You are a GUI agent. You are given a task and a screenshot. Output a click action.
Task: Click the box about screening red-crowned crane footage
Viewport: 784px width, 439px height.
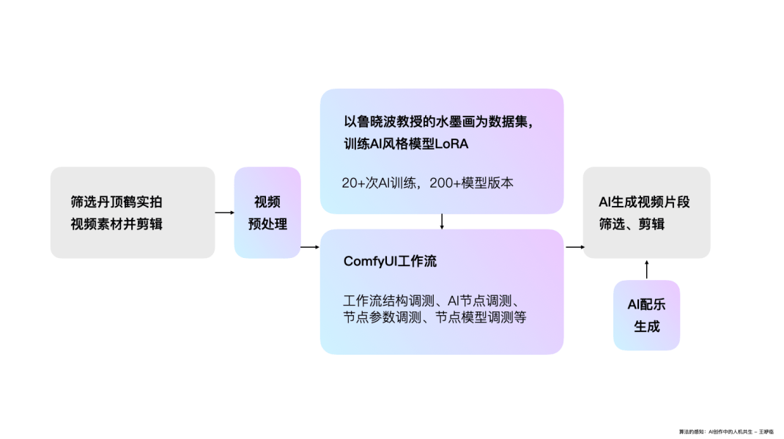coord(132,213)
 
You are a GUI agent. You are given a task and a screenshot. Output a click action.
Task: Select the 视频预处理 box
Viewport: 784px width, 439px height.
coord(267,213)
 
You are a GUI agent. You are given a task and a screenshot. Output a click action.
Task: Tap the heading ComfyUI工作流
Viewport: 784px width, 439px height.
coord(391,261)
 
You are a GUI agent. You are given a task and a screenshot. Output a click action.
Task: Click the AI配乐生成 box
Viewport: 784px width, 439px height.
coord(646,315)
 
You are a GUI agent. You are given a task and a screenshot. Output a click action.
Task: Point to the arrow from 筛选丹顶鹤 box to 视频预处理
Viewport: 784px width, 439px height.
coord(224,213)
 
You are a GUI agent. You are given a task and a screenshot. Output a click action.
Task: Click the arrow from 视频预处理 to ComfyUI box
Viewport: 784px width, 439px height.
coord(310,247)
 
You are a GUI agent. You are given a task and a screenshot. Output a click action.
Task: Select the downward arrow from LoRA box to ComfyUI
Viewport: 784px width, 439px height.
coord(442,221)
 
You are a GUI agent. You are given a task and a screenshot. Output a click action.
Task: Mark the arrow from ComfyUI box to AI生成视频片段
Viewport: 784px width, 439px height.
coord(574,247)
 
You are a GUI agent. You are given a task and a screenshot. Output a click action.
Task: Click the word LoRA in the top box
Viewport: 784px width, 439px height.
coord(451,144)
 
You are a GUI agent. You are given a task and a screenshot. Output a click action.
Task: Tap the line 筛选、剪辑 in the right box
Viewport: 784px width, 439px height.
coord(632,224)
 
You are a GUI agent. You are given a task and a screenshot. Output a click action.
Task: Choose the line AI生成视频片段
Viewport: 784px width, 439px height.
coord(644,202)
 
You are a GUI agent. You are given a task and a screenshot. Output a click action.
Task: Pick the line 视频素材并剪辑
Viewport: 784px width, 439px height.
coord(117,224)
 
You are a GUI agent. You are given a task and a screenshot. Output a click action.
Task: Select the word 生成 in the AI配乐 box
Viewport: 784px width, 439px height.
coord(646,326)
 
